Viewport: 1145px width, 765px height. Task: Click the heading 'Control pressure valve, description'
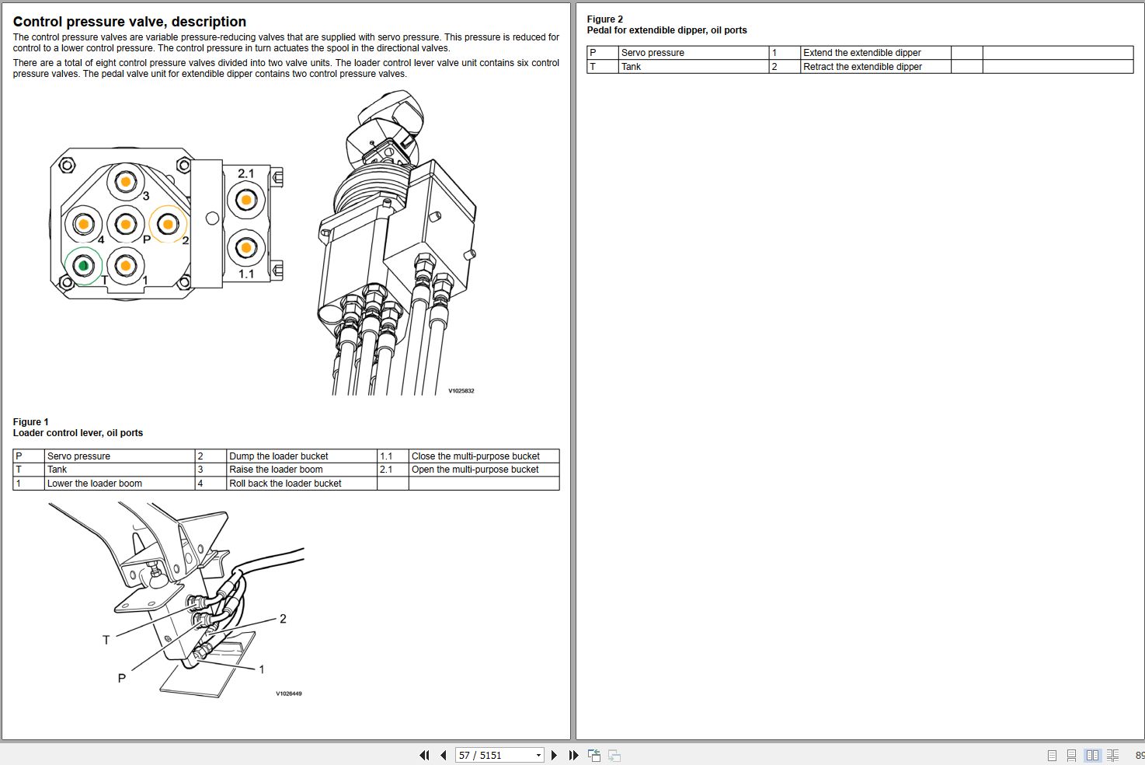click(130, 22)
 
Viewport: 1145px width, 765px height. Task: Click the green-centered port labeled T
click(83, 266)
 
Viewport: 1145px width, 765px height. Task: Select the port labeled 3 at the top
click(125, 182)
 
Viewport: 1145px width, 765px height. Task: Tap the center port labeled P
click(125, 225)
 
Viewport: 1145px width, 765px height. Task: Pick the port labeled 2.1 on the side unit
click(245, 200)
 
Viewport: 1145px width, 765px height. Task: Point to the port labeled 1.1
click(245, 248)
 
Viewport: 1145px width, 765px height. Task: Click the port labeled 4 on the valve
click(83, 225)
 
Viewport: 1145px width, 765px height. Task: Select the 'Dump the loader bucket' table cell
click(278, 456)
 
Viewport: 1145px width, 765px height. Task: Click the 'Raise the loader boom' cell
click(276, 470)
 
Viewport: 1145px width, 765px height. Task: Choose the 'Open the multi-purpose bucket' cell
click(475, 470)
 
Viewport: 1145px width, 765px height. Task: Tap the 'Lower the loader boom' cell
click(95, 484)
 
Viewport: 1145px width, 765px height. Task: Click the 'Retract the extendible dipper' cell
click(862, 67)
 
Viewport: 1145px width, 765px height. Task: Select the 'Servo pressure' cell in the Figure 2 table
click(653, 53)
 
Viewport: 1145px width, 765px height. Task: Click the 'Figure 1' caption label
click(30, 422)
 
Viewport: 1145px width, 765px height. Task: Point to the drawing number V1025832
click(461, 391)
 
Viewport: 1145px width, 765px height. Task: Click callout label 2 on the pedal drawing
click(283, 619)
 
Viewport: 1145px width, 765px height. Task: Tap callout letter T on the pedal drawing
click(106, 640)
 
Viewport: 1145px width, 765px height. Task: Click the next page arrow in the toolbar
click(554, 755)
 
